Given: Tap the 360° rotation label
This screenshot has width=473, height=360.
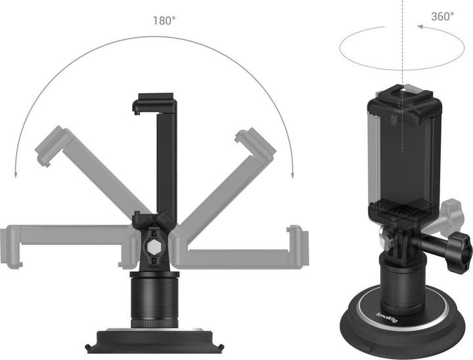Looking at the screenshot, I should click(442, 16).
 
